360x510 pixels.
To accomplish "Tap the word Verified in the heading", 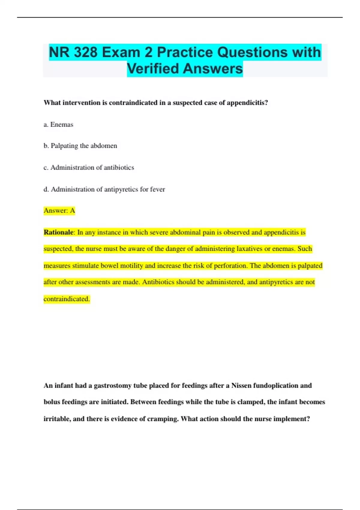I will point(153,68).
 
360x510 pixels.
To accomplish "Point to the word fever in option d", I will point(157,189).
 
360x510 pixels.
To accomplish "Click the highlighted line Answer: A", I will point(59,211).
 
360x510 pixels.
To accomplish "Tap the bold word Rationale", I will point(58,232).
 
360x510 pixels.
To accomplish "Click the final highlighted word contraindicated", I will point(67,299).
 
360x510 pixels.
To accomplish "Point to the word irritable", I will point(56,419).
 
